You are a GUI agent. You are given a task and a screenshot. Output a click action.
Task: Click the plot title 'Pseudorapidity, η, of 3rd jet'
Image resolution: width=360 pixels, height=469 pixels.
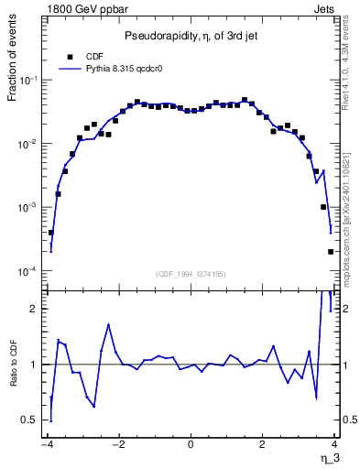click(x=191, y=35)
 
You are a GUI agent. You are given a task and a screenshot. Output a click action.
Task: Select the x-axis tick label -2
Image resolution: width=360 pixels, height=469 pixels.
click(x=117, y=446)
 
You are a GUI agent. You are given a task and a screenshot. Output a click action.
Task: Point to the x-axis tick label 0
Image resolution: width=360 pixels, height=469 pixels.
click(x=191, y=446)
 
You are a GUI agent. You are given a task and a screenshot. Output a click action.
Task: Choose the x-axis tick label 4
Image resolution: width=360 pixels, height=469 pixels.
click(x=335, y=446)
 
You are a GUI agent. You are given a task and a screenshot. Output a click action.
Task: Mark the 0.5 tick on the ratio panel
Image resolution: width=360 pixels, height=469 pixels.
click(x=31, y=420)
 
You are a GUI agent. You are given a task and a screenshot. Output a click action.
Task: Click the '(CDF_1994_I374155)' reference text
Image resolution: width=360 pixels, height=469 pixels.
click(x=191, y=273)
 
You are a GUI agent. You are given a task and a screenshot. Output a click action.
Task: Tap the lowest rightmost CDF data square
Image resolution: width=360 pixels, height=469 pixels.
click(x=331, y=252)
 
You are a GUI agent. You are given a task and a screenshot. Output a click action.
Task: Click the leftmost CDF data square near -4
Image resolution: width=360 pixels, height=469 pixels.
click(x=51, y=233)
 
